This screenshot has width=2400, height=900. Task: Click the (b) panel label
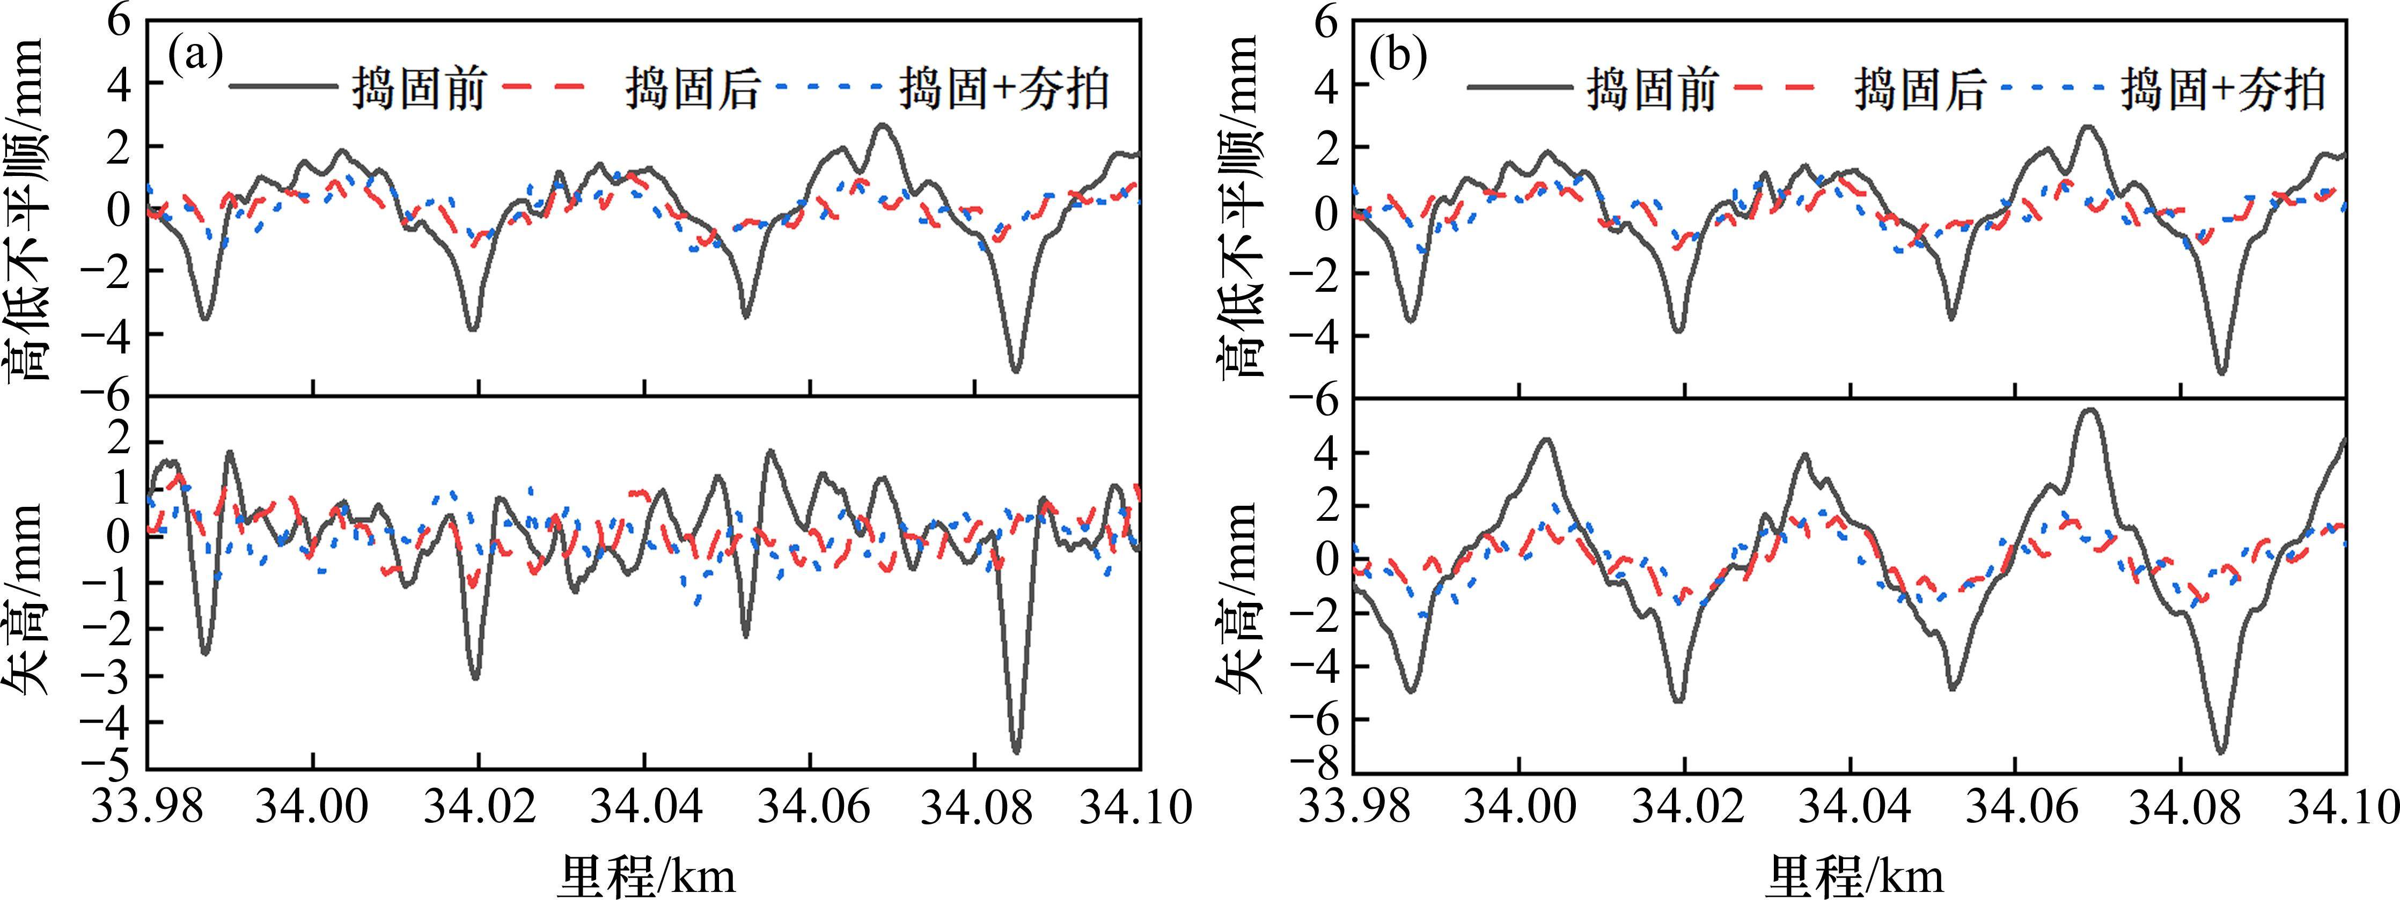click(1398, 58)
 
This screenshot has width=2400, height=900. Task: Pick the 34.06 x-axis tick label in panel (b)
click(2014, 807)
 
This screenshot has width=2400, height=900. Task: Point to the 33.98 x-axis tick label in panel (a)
click(147, 807)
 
